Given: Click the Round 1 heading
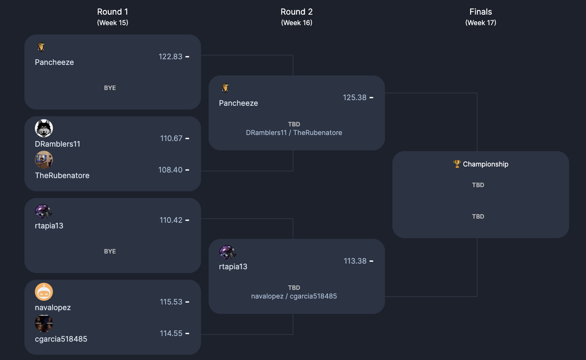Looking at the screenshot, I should click(113, 12).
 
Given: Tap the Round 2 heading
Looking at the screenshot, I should click(296, 12).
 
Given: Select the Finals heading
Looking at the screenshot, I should click(481, 12).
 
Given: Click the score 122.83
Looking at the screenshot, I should click(170, 57).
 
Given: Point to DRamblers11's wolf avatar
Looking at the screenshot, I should click(44, 128).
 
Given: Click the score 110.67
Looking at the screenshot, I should click(171, 138).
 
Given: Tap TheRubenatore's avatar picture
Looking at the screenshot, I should click(44, 160).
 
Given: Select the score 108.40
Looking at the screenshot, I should click(170, 170).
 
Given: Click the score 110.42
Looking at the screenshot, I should click(171, 220).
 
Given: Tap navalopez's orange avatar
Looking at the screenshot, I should click(44, 292).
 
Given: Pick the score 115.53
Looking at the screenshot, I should click(171, 302).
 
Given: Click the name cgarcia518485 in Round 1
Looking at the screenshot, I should click(61, 339).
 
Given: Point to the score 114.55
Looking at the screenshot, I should click(171, 333).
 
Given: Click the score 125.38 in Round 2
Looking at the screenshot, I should click(355, 97).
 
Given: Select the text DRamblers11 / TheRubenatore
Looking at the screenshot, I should click(294, 133).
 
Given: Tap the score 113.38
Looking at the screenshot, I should click(355, 261).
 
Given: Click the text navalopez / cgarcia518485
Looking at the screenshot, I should click(294, 296).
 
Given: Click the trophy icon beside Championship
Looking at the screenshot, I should click(457, 164).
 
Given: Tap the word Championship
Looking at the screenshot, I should click(485, 164).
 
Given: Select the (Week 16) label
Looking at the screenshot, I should click(296, 23).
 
